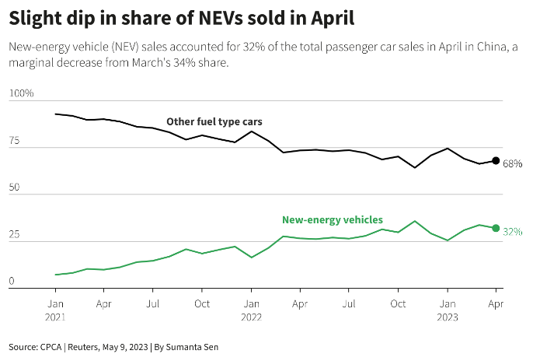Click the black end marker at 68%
tap(496, 161)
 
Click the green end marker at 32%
tap(496, 228)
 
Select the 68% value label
tap(512, 164)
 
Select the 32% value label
tap(512, 232)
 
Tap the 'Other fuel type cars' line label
tap(214, 122)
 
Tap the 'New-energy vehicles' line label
tap(332, 220)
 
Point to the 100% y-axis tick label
tap(22, 94)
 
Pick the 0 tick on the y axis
tap(12, 282)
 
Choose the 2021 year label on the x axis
tap(56, 317)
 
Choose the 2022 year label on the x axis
tap(250, 317)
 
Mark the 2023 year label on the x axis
tap(447, 317)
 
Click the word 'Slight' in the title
tap(38, 17)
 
